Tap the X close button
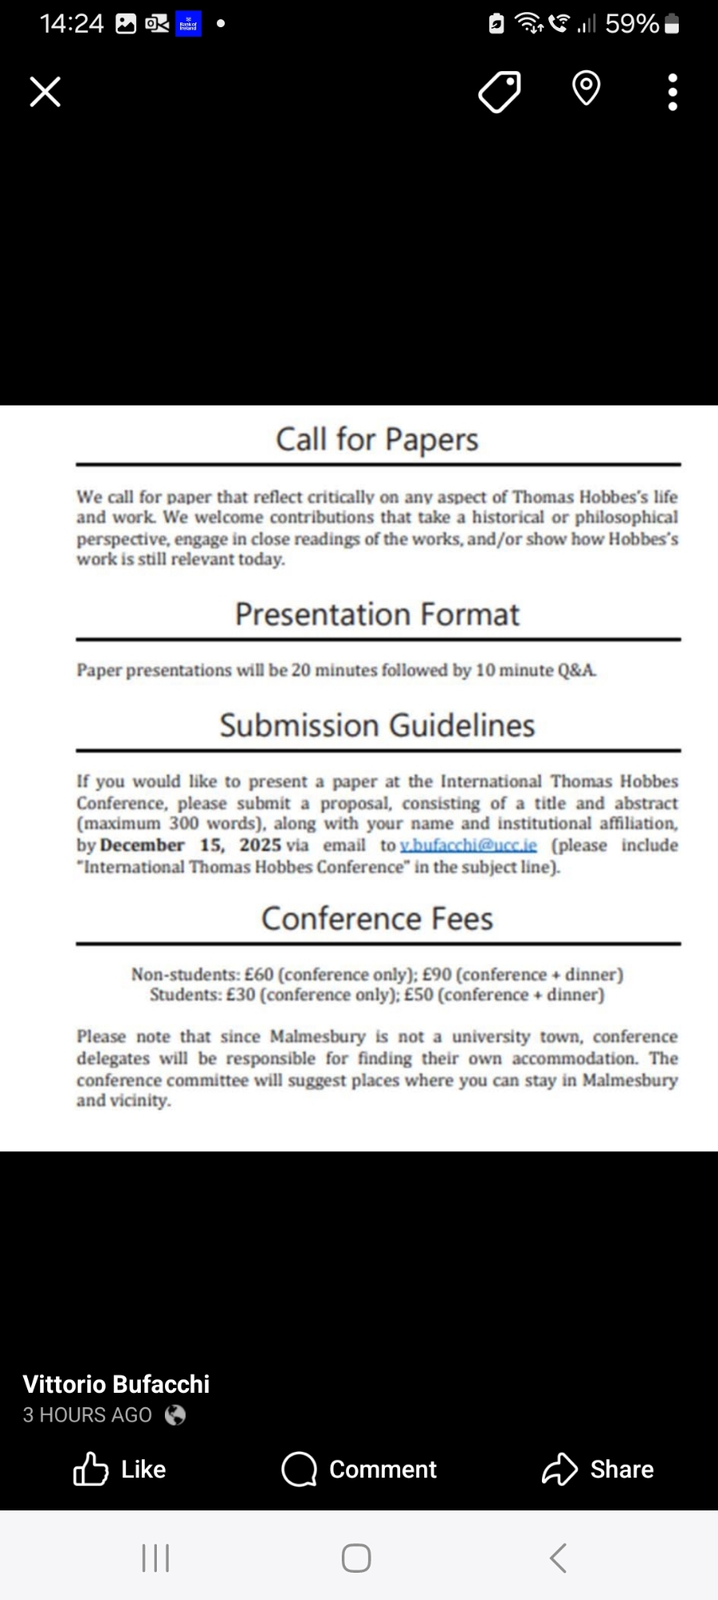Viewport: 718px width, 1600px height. click(x=45, y=91)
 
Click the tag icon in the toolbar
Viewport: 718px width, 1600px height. click(x=499, y=91)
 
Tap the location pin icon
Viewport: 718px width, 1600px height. click(x=586, y=88)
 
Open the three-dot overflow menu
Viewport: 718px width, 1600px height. click(x=672, y=92)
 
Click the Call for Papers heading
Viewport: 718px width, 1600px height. click(x=377, y=439)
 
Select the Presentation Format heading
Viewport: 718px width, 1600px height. click(x=377, y=614)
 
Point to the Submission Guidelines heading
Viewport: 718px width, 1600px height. click(x=377, y=726)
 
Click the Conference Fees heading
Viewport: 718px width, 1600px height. click(x=377, y=918)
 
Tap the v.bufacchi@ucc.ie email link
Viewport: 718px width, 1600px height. click(x=468, y=846)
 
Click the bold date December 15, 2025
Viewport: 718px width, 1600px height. click(x=191, y=846)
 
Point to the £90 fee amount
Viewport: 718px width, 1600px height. click(x=437, y=974)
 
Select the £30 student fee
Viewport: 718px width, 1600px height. click(x=240, y=995)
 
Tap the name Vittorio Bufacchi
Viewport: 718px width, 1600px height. click(x=116, y=1384)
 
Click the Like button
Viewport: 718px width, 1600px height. click(x=120, y=1469)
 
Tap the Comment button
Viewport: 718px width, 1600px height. click(x=359, y=1469)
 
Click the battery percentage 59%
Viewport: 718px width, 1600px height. click(x=632, y=24)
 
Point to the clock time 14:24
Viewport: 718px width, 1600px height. click(x=71, y=24)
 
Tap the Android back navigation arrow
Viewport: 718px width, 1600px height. click(x=559, y=1558)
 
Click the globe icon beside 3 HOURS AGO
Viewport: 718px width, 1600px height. click(x=175, y=1415)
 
